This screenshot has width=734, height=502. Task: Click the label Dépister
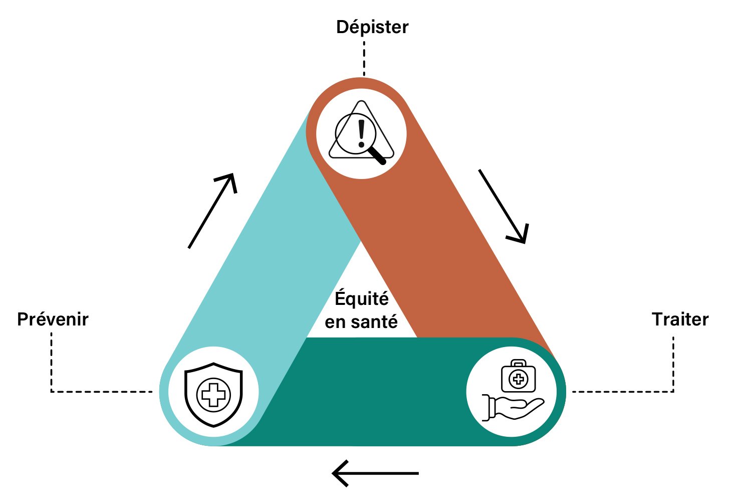coord(372,27)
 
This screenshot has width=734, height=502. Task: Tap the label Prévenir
coord(53,319)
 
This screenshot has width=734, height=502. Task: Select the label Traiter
coord(680,319)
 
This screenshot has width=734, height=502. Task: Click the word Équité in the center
coord(361,298)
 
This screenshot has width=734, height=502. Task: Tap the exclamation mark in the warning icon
coord(361,132)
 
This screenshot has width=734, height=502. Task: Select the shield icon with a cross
coord(213,394)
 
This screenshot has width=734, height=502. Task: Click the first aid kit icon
coord(519,377)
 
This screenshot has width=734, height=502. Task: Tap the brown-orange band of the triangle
coord(451,251)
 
